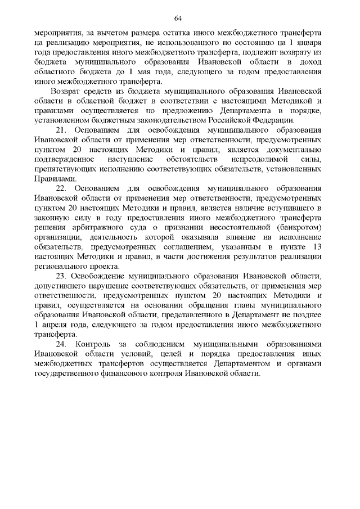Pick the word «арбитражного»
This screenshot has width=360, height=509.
(86, 228)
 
